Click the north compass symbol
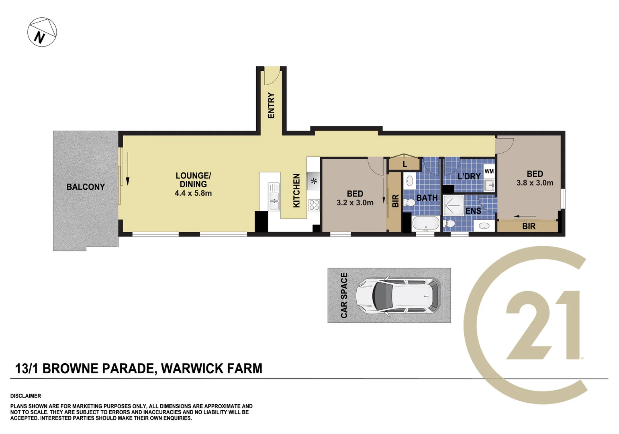tap(42, 32)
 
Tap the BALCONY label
tap(86, 187)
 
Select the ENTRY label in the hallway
tap(271, 105)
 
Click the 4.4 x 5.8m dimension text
tap(193, 193)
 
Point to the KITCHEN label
tap(296, 190)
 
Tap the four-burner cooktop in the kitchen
tap(314, 205)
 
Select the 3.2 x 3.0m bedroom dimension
tap(355, 203)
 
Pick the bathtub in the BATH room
tap(426, 223)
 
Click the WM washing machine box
tap(489, 171)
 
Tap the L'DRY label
tap(469, 176)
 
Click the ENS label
tap(473, 211)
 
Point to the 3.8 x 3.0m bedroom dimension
tap(535, 183)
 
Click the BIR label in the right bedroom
tap(529, 227)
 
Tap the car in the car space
tap(398, 295)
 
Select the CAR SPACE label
tap(344, 295)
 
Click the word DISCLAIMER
tap(26, 396)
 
